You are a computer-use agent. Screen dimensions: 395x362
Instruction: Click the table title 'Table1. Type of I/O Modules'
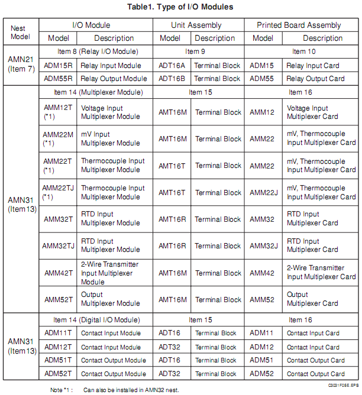(180, 7)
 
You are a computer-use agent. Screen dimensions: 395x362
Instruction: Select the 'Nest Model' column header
(20, 32)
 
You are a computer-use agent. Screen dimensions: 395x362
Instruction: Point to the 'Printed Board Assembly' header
(299, 25)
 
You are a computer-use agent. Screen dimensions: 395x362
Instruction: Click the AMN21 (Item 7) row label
(20, 65)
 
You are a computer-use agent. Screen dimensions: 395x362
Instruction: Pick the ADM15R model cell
(58, 65)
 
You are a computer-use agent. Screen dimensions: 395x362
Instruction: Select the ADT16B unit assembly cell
(172, 79)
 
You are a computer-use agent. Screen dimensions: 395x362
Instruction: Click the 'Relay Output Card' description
(315, 79)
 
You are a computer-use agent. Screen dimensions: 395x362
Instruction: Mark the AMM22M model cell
(58, 138)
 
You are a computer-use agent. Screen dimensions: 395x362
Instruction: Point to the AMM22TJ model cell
(58, 192)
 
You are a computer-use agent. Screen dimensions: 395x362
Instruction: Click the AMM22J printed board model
(264, 192)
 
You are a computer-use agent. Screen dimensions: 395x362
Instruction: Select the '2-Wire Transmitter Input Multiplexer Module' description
(111, 273)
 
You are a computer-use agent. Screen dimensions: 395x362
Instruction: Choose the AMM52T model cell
(58, 300)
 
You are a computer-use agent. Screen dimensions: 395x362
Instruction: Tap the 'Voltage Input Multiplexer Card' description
(315, 112)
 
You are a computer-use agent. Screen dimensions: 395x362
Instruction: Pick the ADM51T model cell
(58, 360)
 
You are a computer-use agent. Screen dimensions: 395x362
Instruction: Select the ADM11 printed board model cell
(262, 333)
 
